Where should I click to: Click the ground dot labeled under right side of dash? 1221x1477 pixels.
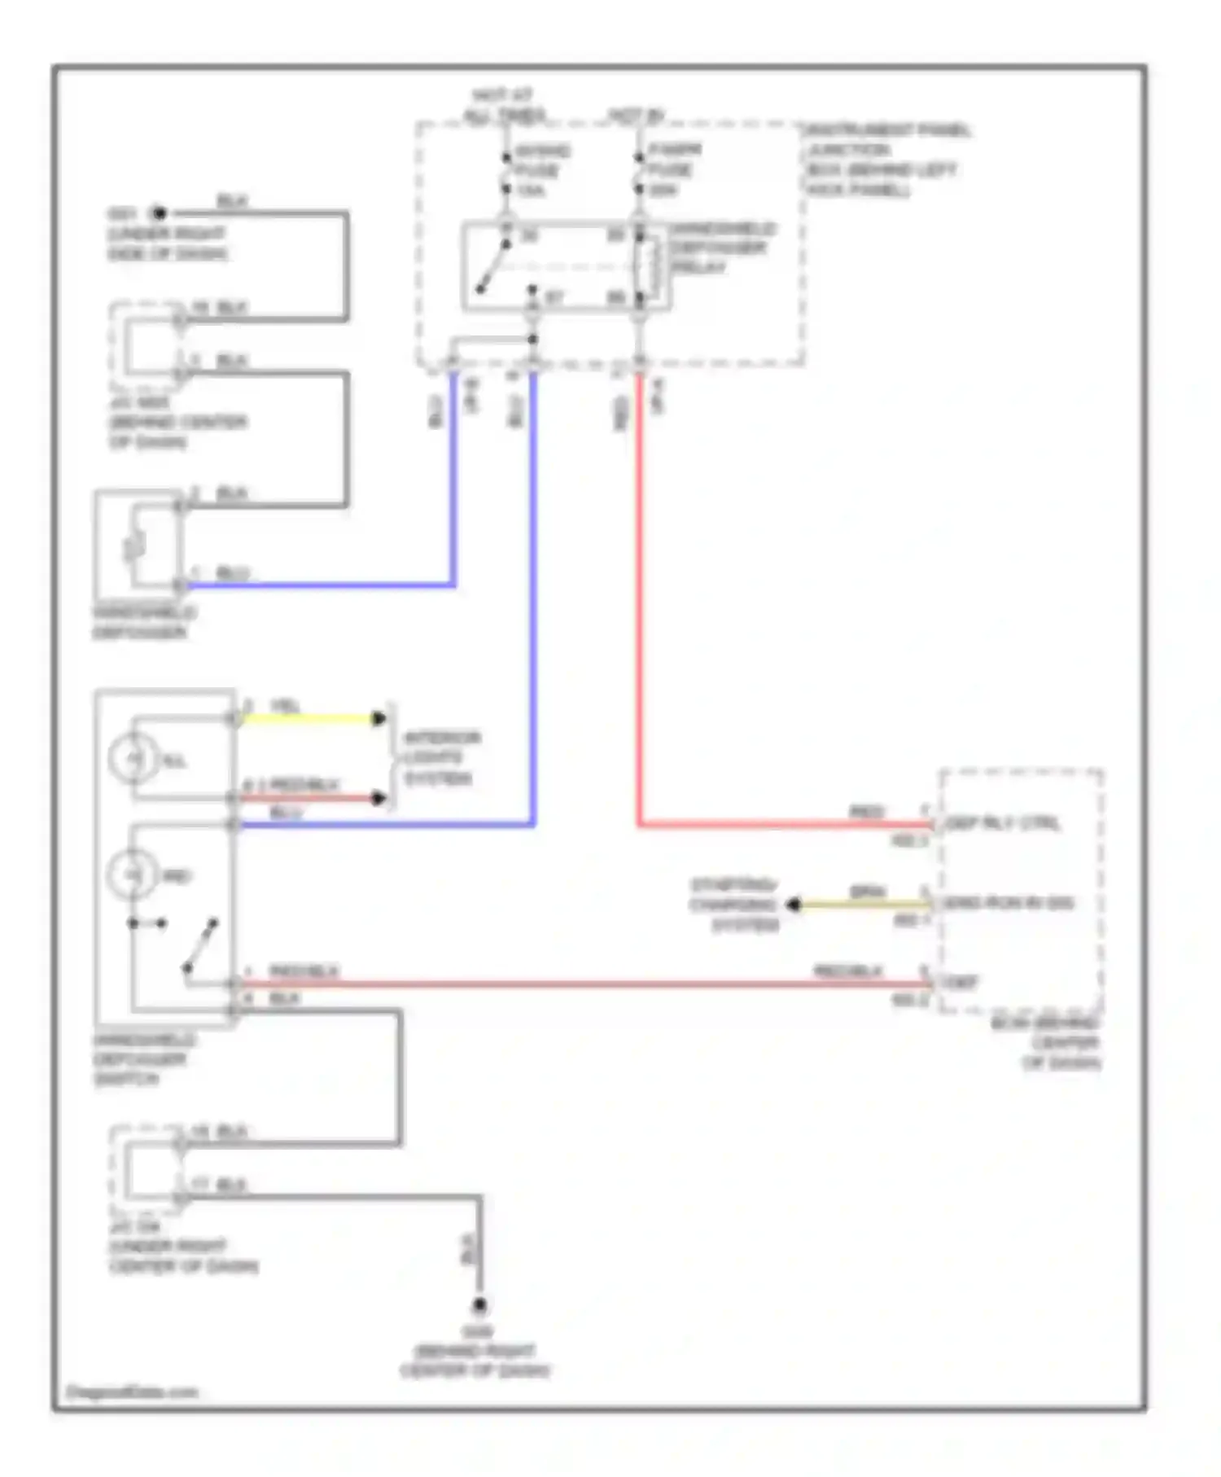click(160, 214)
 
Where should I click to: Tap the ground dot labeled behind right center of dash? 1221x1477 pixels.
click(479, 1306)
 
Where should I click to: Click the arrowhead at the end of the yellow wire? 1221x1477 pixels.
click(379, 719)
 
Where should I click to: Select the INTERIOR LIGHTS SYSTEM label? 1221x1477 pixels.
click(440, 758)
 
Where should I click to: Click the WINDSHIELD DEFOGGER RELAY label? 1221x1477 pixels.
click(721, 248)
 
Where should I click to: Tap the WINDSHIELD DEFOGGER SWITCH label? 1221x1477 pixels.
click(143, 1058)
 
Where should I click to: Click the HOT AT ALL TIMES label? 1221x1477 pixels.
click(504, 107)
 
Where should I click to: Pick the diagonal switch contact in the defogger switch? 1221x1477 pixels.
click(200, 945)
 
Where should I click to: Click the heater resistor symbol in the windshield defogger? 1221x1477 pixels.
click(135, 546)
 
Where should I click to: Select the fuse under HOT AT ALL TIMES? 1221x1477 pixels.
click(506, 171)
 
